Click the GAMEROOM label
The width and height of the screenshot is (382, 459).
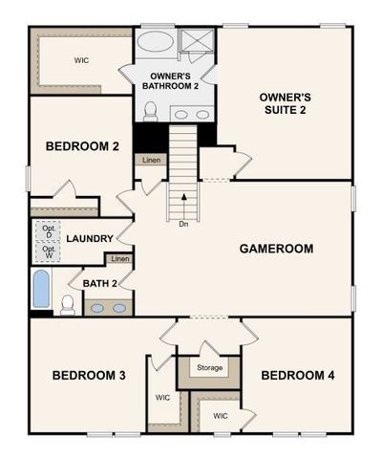276,249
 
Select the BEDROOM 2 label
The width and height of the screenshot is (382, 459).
82,146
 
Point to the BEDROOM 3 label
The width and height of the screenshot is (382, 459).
88,375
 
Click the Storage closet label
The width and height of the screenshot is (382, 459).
210,367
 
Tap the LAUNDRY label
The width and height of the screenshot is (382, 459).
90,239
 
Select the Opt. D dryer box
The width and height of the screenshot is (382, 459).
48,231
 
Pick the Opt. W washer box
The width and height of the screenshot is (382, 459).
48,252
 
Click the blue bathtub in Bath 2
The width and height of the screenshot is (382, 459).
41,289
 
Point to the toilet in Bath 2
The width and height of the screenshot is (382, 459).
68,305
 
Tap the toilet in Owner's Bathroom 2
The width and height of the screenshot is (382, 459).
150,111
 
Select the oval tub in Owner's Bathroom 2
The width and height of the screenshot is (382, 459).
155,43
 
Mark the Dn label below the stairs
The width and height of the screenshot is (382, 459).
182,225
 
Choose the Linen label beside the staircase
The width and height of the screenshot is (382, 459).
152,161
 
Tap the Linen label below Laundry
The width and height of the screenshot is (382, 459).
119,259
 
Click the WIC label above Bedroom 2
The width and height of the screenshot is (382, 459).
81,60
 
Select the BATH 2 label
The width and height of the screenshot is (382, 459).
100,283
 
